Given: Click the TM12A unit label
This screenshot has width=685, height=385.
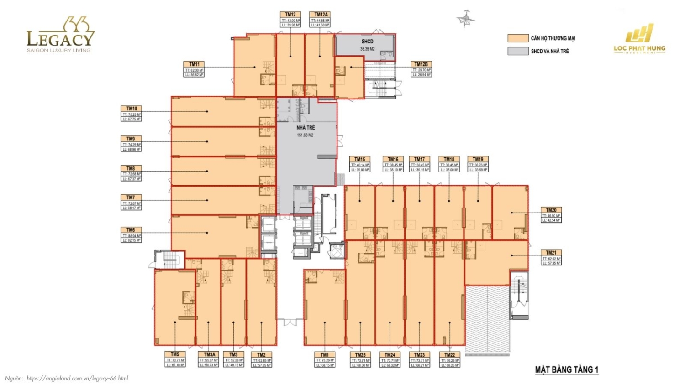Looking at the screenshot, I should pos(321,15).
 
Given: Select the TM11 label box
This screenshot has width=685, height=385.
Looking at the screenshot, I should pos(194,64).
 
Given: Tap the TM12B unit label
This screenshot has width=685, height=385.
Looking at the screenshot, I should pos(421,64).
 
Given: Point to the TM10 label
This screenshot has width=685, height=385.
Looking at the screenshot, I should pos(132,109).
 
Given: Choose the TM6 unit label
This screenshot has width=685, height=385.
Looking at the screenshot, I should pos(131,230).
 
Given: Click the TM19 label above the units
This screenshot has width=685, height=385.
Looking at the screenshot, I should pos(478,159).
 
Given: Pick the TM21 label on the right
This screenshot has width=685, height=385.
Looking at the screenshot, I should pos(551,253).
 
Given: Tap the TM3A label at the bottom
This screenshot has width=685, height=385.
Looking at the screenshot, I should pos(209,354).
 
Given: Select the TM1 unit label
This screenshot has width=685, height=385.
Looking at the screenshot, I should pos(324,354).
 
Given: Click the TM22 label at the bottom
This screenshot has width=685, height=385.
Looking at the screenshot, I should pos(449,354).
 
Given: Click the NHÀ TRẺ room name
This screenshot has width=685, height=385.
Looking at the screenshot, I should pos(306,128).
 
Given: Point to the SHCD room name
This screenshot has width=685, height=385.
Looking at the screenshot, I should pos(367,42).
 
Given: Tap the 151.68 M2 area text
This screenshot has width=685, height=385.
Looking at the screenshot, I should pos(306,135).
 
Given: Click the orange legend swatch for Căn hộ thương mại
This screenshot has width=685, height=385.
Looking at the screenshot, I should pos(518,38).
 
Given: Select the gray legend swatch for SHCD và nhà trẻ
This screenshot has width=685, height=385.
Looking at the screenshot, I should pos(518,51).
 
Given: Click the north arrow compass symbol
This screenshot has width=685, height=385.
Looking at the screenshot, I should pos(465,19).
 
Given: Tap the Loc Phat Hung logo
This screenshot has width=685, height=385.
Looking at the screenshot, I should pos(639,40).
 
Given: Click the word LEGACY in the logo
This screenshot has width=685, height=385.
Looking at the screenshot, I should pos(60,39).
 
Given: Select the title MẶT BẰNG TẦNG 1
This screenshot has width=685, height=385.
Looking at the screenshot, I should pos(566,369).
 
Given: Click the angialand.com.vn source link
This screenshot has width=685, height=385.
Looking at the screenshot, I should pos(77,378).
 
